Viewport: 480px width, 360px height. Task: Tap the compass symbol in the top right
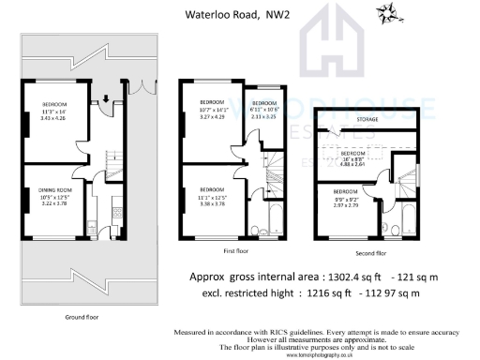(386, 12)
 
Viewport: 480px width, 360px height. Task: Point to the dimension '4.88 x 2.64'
(358, 164)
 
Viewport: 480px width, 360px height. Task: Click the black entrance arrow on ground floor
(105, 96)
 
